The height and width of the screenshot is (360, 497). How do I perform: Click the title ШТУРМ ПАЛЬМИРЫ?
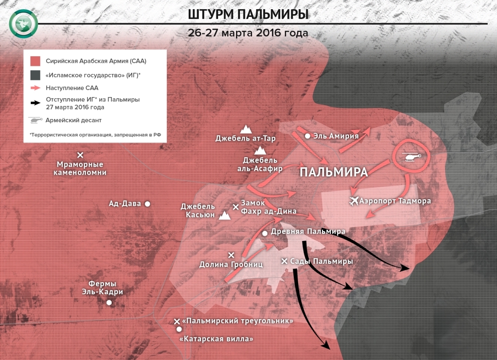(x=248, y=15)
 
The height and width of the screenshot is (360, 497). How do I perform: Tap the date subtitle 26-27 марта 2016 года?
(x=248, y=33)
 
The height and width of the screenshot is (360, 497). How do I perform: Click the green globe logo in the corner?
(x=23, y=24)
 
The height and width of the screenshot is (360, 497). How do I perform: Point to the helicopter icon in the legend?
(x=36, y=120)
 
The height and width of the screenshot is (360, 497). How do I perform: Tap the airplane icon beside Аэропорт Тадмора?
(x=354, y=201)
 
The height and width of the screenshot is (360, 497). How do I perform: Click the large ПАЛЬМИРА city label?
(x=333, y=172)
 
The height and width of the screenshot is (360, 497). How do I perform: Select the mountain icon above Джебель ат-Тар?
(x=245, y=129)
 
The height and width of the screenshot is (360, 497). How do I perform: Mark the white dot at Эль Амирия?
(x=307, y=136)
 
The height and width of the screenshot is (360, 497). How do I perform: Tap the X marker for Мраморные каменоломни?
(x=80, y=155)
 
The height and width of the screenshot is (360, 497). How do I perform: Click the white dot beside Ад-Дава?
(x=147, y=204)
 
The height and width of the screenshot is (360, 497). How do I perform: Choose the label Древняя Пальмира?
(x=308, y=231)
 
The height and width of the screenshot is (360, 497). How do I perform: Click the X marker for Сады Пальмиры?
(x=285, y=261)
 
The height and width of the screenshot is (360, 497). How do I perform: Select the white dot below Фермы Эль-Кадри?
(x=109, y=303)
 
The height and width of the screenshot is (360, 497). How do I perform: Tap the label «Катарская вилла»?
(x=216, y=339)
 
